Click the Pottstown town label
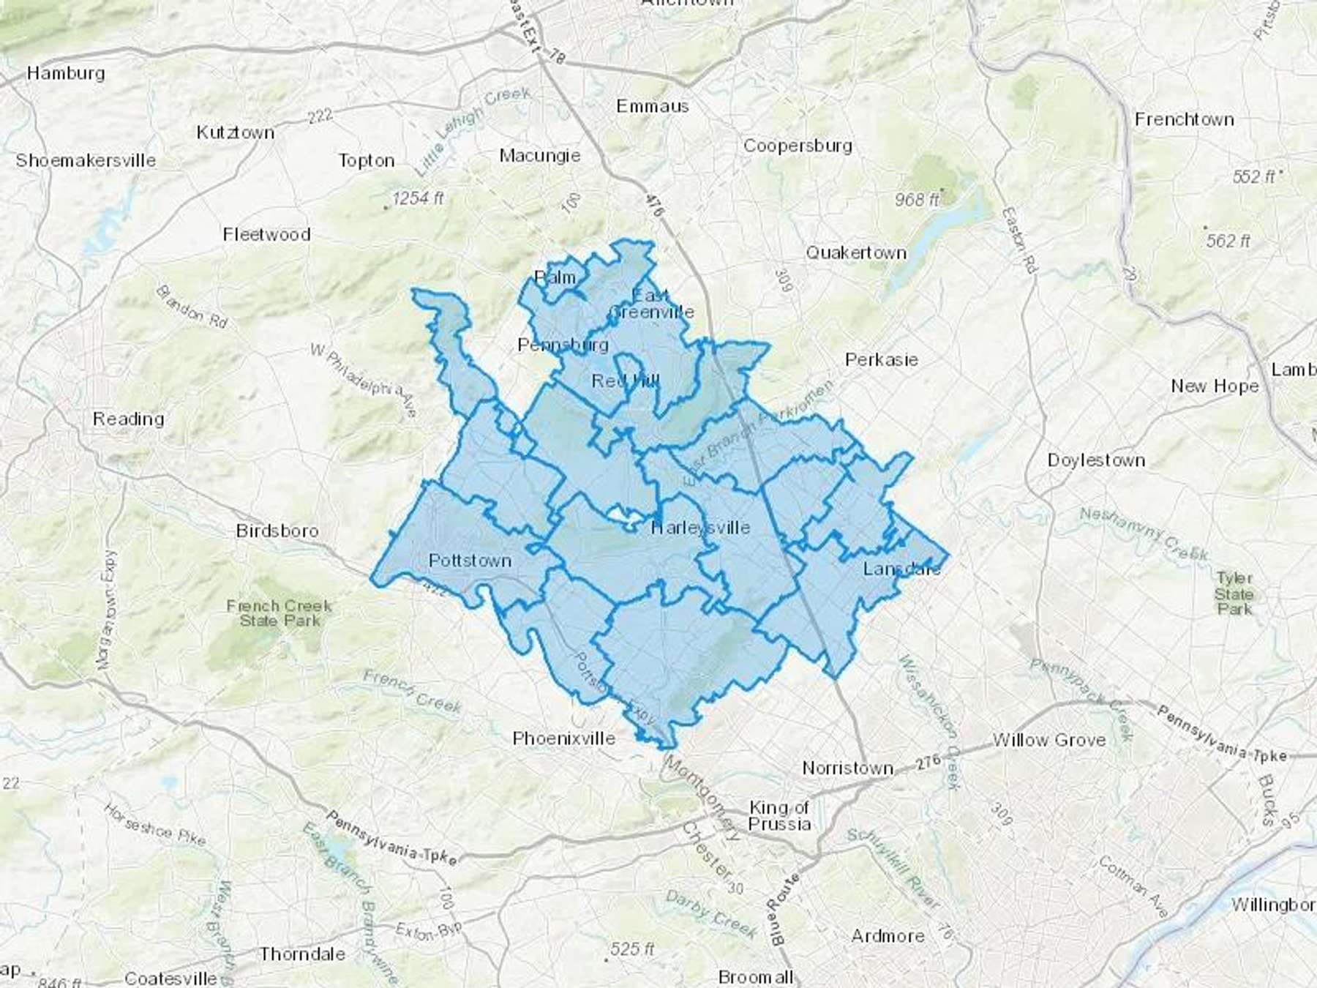click(470, 561)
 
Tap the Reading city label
click(128, 419)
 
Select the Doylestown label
click(1096, 460)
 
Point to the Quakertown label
click(856, 252)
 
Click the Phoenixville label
click(563, 738)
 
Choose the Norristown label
click(847, 768)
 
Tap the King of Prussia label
click(779, 815)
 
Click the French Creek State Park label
click(279, 613)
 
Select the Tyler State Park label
click(1234, 593)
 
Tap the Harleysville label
click(701, 527)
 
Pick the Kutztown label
click(236, 132)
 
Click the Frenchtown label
click(1184, 119)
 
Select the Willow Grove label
click(1048, 740)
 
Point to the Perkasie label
click(881, 359)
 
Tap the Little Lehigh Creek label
click(472, 130)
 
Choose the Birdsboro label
click(277, 531)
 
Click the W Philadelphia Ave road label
click(363, 381)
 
